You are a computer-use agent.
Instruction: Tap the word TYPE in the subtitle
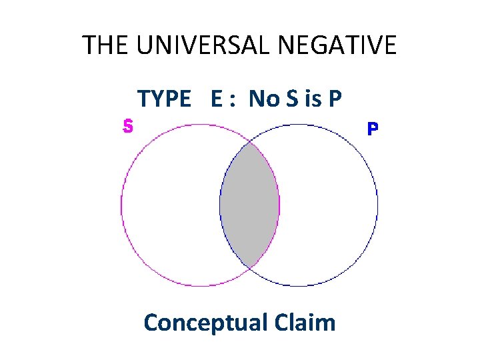(x=164, y=99)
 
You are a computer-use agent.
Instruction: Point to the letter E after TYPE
(x=217, y=99)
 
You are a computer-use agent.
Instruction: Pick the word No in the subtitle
(x=263, y=99)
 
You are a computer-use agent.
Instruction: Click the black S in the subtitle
(x=291, y=99)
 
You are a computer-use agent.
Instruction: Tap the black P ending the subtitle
(x=335, y=99)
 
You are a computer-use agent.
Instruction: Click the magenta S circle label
(x=128, y=125)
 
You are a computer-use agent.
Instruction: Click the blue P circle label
(x=373, y=128)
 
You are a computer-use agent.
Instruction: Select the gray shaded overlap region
(x=249, y=205)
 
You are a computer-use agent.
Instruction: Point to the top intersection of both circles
(x=249, y=142)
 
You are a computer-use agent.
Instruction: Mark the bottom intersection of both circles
(x=249, y=268)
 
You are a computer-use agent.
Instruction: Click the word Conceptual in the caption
(x=203, y=323)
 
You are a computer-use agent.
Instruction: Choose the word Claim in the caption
(x=304, y=323)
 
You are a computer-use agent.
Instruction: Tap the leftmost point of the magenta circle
(x=121, y=205)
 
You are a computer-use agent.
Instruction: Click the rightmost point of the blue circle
(x=377, y=205)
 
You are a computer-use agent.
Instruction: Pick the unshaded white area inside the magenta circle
(x=170, y=205)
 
